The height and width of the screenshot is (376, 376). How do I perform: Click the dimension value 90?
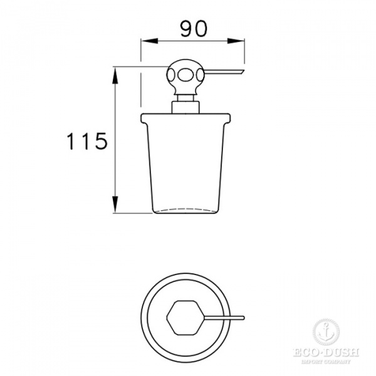pyautogui.click(x=192, y=28)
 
